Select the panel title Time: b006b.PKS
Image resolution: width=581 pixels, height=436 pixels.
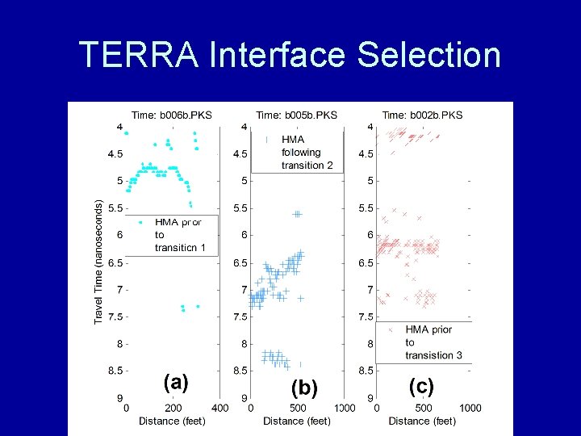pos(172,115)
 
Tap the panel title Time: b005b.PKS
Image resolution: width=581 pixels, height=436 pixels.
pos(296,115)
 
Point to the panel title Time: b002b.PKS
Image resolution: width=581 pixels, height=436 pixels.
pos(422,115)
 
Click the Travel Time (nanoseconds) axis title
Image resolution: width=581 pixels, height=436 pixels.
pos(98,262)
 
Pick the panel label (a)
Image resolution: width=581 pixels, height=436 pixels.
pos(176,381)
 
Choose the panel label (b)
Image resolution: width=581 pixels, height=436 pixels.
pos(303,388)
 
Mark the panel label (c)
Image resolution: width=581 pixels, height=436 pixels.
pos(420,386)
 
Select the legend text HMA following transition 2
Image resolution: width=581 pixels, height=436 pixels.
pos(301,152)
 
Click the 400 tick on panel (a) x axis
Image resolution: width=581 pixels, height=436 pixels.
pos(219,408)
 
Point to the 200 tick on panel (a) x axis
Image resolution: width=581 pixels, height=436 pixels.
pos(173,408)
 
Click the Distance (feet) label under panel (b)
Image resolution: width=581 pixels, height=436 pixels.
pos(297,421)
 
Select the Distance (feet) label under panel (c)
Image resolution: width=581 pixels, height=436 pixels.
pos(422,421)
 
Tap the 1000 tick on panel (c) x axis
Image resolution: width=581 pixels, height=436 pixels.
pos(470,408)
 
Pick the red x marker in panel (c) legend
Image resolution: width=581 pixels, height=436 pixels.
pos(391,329)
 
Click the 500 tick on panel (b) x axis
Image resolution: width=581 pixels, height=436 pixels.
pos(298,408)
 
